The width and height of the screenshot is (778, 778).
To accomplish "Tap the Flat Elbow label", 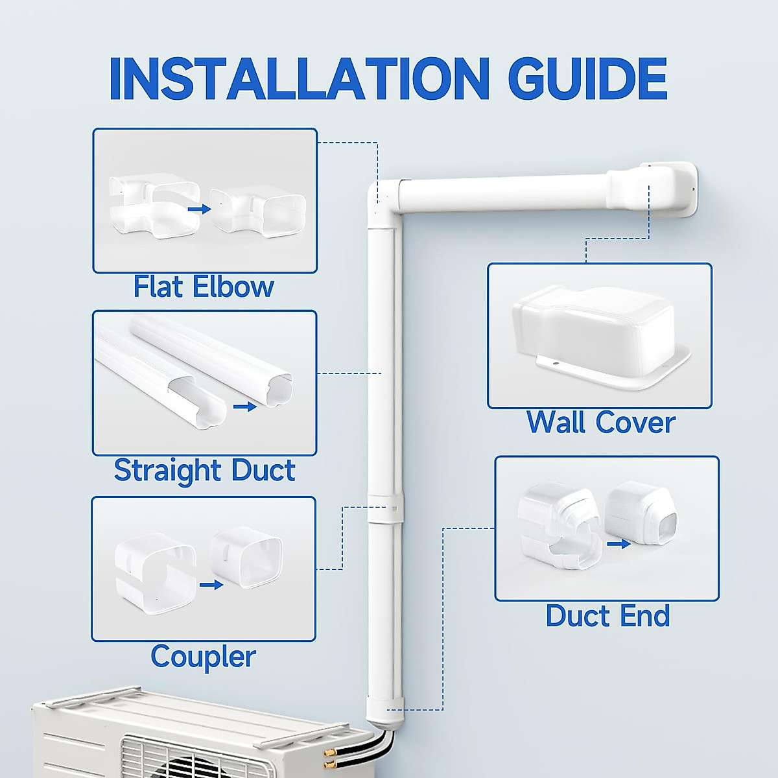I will coord(204,287).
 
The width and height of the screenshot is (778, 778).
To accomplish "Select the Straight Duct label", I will coord(204,470).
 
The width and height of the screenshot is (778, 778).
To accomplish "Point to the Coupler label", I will coord(203,656).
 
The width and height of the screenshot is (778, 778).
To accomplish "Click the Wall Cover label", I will coord(600,423).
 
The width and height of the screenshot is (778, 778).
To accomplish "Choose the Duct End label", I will coord(607,616).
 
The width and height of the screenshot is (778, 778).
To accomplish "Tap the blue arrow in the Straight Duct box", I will coord(244,407).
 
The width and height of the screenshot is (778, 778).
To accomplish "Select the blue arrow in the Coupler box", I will coord(211,585).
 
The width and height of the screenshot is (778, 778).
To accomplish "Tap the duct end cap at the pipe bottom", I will coord(383,713).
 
